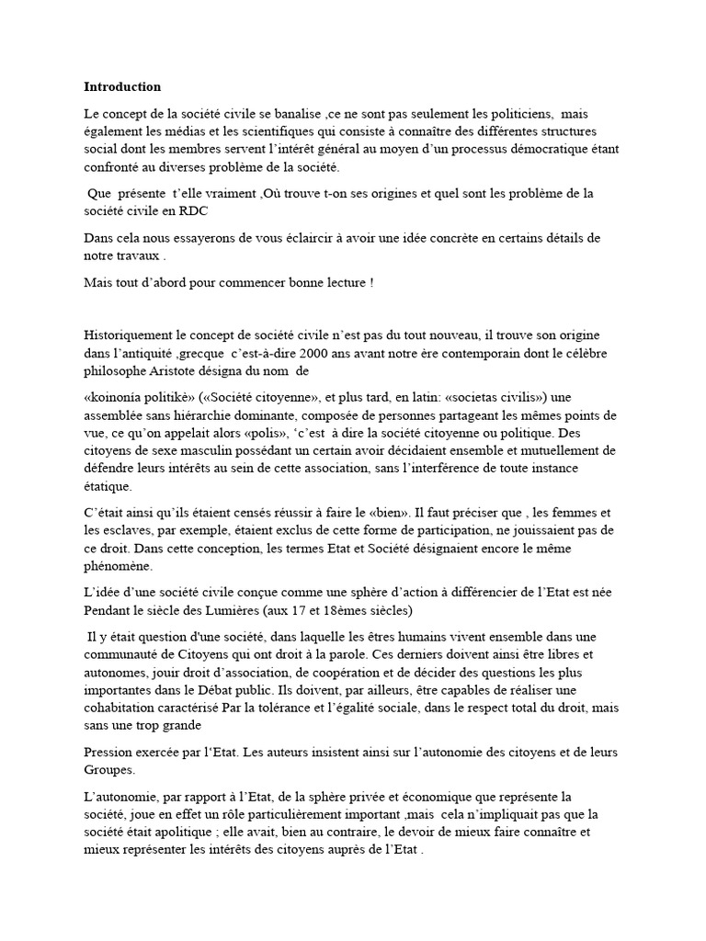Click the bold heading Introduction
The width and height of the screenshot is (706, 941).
(x=122, y=87)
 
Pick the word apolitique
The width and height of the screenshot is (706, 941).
(x=190, y=832)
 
